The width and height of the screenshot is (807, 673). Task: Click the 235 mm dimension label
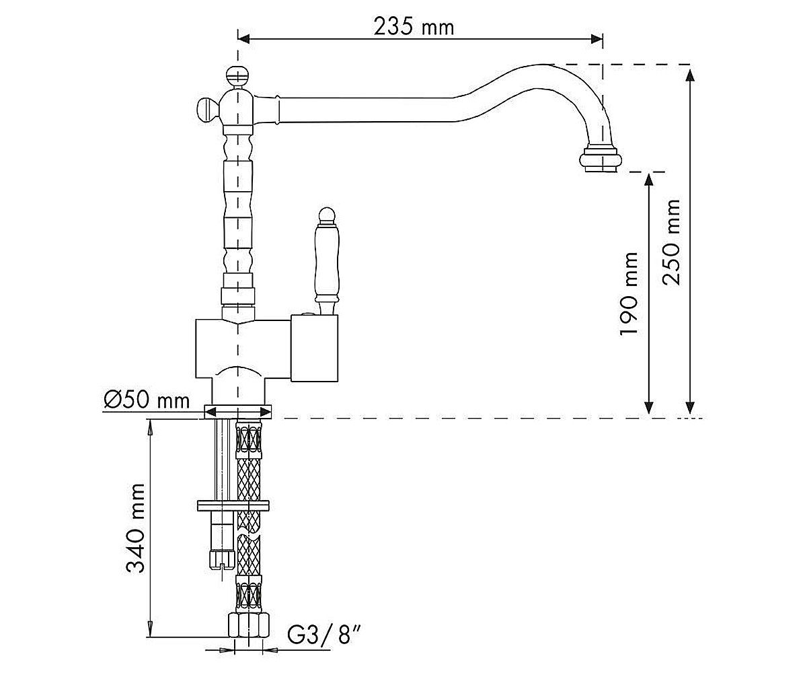(414, 27)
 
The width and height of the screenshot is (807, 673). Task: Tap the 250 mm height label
(671, 242)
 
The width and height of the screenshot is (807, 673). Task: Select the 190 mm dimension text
(629, 293)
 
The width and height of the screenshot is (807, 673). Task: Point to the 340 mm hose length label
(135, 528)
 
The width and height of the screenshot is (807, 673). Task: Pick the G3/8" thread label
(324, 635)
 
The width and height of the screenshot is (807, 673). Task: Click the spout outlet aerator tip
(601, 159)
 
